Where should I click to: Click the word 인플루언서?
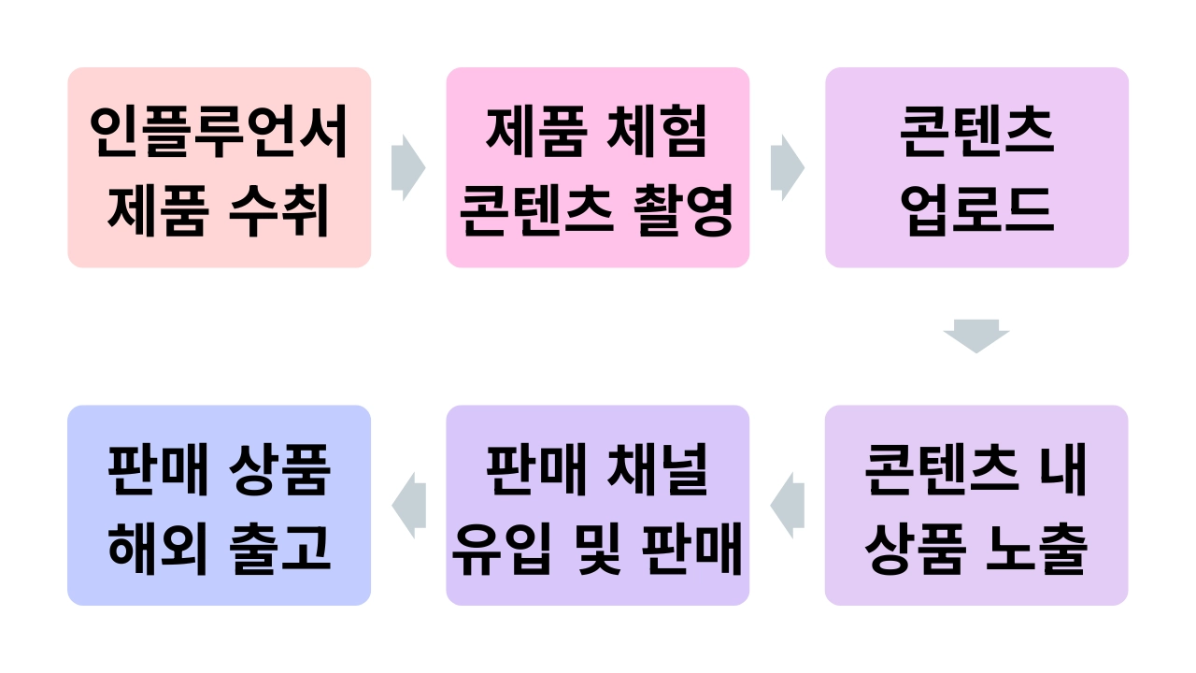[220, 134]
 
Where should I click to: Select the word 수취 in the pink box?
[280, 212]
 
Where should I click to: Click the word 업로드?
[976, 212]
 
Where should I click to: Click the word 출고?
[280, 551]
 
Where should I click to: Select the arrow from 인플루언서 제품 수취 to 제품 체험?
[408, 167]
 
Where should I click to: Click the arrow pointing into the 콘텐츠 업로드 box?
[787, 167]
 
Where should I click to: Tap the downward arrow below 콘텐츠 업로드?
[976, 336]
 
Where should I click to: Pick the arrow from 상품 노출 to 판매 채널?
[787, 506]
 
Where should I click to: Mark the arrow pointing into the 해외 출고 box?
[408, 506]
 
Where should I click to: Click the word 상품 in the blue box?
[280, 472]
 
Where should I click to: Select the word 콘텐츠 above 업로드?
[976, 134]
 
